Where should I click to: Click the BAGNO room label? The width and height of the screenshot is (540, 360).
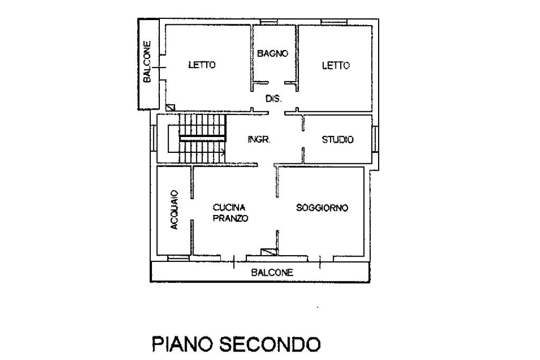point(273,53)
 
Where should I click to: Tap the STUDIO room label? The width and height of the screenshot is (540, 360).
point(337,140)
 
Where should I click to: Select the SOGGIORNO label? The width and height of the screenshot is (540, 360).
point(322,208)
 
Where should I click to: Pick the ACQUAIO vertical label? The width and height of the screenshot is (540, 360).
point(174,210)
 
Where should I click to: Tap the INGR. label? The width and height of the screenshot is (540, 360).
point(259,140)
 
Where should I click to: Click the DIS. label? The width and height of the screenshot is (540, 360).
point(273,99)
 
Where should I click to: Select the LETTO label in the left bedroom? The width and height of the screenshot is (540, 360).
point(202,65)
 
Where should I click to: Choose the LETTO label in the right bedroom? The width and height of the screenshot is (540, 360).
point(336,65)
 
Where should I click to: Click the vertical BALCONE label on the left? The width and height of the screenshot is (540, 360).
point(147,62)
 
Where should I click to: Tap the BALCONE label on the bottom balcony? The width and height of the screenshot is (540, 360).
point(272,273)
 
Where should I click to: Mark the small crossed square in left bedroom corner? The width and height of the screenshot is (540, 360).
point(170,108)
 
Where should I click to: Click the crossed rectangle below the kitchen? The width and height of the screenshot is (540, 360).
point(269,252)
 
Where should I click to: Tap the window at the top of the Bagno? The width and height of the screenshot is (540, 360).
point(269,22)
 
